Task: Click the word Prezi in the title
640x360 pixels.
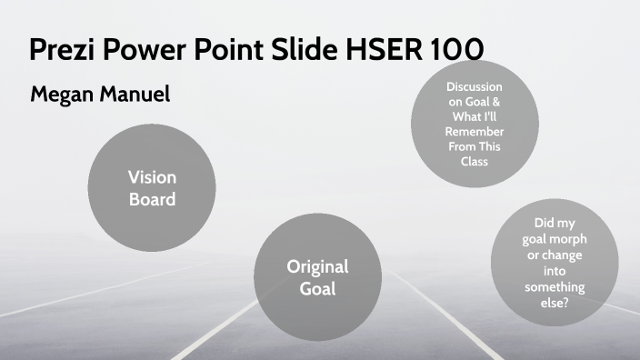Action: click(59, 48)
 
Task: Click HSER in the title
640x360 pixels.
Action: click(373, 48)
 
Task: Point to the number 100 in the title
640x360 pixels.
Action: click(451, 48)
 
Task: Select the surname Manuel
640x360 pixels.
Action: click(136, 94)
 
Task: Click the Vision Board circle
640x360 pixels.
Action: click(153, 187)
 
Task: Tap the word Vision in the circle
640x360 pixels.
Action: click(153, 176)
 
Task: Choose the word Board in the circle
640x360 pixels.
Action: click(153, 198)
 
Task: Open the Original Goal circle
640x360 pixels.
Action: click(318, 277)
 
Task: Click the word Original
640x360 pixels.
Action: click(318, 266)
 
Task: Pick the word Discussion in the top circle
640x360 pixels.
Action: click(475, 86)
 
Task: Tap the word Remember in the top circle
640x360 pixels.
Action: click(475, 133)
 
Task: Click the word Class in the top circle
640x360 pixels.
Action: click(475, 162)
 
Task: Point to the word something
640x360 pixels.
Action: click(554, 287)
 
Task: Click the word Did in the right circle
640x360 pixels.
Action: click(543, 223)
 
